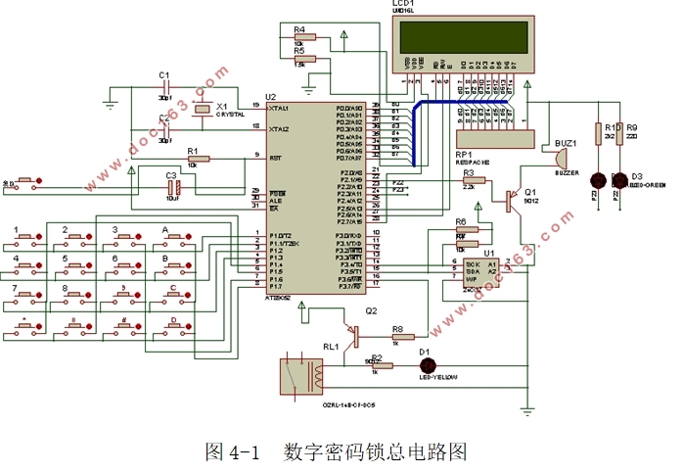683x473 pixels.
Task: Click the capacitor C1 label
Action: pyautogui.click(x=164, y=74)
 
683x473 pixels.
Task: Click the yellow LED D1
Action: pyautogui.click(x=425, y=365)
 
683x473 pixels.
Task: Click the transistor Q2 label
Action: pyautogui.click(x=371, y=310)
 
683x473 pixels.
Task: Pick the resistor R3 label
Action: pyautogui.click(x=469, y=173)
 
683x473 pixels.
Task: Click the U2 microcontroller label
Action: pyautogui.click(x=271, y=97)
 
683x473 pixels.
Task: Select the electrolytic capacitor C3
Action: pyautogui.click(x=172, y=186)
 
